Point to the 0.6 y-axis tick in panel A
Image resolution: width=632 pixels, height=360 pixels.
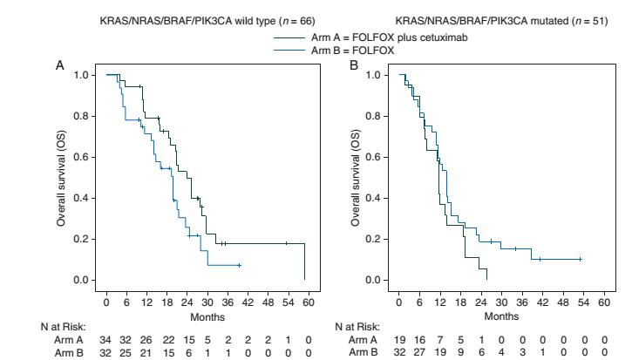pos(82,157)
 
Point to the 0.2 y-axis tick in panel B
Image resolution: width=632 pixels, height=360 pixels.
pos(375,239)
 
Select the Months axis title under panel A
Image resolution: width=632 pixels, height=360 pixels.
pos(205,316)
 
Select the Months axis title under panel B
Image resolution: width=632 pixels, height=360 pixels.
pos(499,316)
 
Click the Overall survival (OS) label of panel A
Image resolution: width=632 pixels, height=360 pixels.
pos(62,177)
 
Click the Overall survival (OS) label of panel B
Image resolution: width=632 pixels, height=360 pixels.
pos(355,177)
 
